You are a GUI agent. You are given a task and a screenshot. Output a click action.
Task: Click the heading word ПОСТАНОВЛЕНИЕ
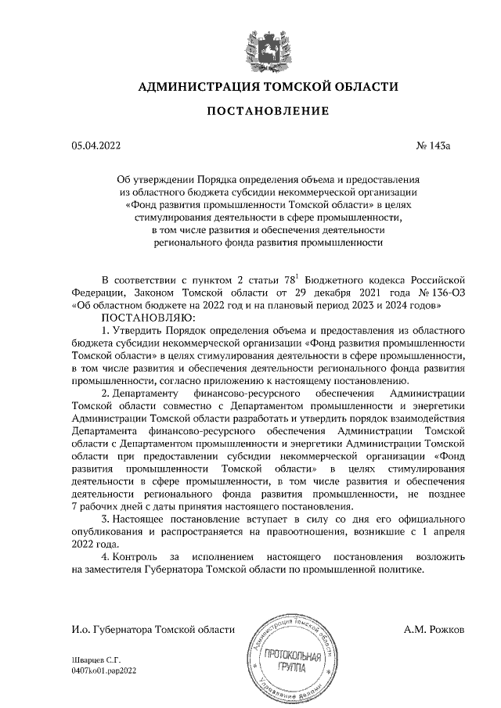click(x=267, y=112)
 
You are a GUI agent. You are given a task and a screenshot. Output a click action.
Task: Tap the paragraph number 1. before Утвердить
click(x=106, y=332)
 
